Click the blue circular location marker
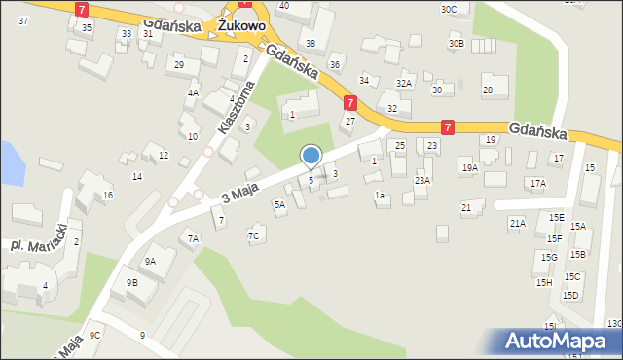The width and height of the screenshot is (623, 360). (x=311, y=155)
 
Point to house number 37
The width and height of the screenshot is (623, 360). (x=22, y=20)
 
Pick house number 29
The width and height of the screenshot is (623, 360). (x=178, y=65)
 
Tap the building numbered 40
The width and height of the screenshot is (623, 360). (x=283, y=6)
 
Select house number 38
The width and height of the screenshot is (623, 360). (x=311, y=44)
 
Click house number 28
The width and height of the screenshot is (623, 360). (x=488, y=90)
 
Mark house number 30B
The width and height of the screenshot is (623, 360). (x=456, y=44)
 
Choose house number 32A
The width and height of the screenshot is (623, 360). (x=404, y=84)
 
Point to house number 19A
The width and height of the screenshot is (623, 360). (x=469, y=168)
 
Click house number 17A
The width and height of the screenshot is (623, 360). (x=537, y=183)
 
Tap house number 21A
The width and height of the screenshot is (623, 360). (x=517, y=223)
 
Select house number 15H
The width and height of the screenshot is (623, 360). (x=543, y=282)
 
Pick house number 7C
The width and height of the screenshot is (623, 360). (x=254, y=235)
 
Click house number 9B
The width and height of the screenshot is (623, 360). (x=131, y=283)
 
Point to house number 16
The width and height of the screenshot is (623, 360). (x=107, y=196)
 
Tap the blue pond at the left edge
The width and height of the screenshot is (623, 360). (x=10, y=162)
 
